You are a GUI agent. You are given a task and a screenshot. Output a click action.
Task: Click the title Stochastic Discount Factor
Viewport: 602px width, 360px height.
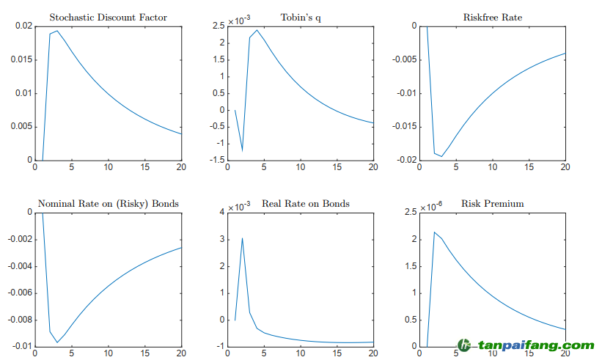tap(108, 17)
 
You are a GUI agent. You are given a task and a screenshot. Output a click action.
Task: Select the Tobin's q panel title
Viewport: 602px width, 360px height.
tap(301, 17)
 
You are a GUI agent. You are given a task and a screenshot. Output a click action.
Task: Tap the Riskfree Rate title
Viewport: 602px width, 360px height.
tap(493, 17)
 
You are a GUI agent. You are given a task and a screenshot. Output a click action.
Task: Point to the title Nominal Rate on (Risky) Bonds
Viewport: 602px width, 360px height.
tap(108, 203)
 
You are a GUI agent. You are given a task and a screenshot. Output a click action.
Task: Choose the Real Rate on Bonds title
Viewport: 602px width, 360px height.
tap(306, 203)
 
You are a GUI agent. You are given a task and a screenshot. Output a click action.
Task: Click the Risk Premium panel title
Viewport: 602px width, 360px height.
tap(493, 203)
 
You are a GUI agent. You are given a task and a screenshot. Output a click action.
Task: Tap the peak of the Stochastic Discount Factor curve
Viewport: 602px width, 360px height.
tap(57, 31)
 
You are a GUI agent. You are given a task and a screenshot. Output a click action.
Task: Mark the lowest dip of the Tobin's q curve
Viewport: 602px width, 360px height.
tap(242, 150)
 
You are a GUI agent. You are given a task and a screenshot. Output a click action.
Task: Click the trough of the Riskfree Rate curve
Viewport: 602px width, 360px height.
tap(441, 156)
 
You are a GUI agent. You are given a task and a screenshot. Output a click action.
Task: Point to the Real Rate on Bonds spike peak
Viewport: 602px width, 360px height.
tap(242, 238)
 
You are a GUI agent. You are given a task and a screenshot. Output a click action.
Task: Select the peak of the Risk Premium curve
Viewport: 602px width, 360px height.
tap(434, 232)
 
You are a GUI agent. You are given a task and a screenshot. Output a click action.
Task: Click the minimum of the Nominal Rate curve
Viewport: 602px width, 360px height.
tap(57, 342)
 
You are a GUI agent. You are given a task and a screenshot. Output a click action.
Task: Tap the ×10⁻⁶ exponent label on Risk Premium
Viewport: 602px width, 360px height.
tap(431, 207)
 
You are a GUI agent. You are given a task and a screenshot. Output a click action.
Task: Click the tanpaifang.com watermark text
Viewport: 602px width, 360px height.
tap(535, 345)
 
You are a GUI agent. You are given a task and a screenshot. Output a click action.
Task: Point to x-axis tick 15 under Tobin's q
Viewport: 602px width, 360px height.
tap(337, 168)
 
